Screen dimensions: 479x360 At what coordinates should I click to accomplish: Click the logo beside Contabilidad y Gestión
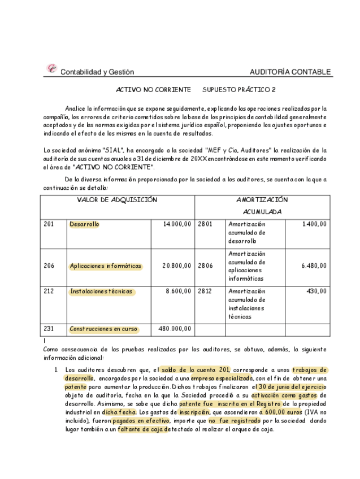51,69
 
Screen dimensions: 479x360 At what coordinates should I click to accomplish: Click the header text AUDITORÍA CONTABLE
290,72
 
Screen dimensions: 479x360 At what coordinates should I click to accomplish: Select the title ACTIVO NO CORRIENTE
153,90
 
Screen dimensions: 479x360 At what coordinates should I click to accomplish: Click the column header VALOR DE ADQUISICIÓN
117,200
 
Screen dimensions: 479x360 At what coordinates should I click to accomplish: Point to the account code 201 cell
49,224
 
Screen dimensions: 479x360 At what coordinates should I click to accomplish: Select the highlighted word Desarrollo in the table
84,224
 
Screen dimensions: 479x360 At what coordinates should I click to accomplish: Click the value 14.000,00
177,224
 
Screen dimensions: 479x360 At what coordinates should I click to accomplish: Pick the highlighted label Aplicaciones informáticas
106,266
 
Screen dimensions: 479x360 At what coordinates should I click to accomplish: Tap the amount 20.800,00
176,266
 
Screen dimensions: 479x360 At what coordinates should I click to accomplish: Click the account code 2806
205,266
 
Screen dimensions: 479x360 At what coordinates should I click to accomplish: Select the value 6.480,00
314,266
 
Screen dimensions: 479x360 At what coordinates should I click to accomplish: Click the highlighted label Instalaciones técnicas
102,291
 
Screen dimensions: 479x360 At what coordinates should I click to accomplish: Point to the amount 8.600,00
178,291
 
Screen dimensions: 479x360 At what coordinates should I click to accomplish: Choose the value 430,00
317,291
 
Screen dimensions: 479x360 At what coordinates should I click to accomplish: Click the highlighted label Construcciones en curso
103,329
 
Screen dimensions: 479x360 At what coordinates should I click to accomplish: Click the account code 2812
205,291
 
